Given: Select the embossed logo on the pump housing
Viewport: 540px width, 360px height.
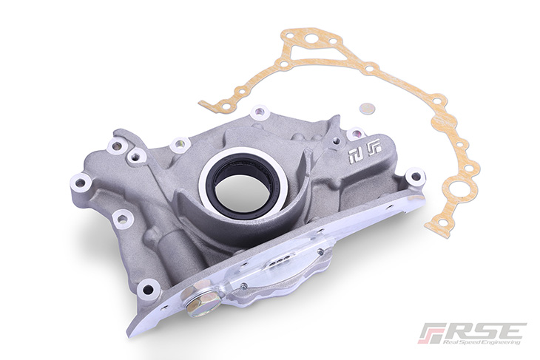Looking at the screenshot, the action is click(x=365, y=152).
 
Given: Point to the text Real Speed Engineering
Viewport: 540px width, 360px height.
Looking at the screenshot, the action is click(x=481, y=343).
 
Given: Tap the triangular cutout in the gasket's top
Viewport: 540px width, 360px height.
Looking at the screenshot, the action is click(x=303, y=47).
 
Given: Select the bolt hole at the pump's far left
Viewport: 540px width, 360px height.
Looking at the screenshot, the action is click(x=80, y=182).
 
